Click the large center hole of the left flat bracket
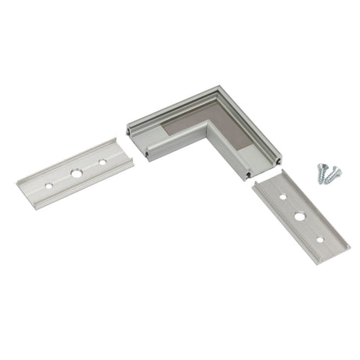76,172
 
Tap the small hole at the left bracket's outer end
49,185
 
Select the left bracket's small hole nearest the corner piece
103,162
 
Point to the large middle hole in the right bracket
300,214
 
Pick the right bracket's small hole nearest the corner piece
283,196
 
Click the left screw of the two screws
322,175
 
